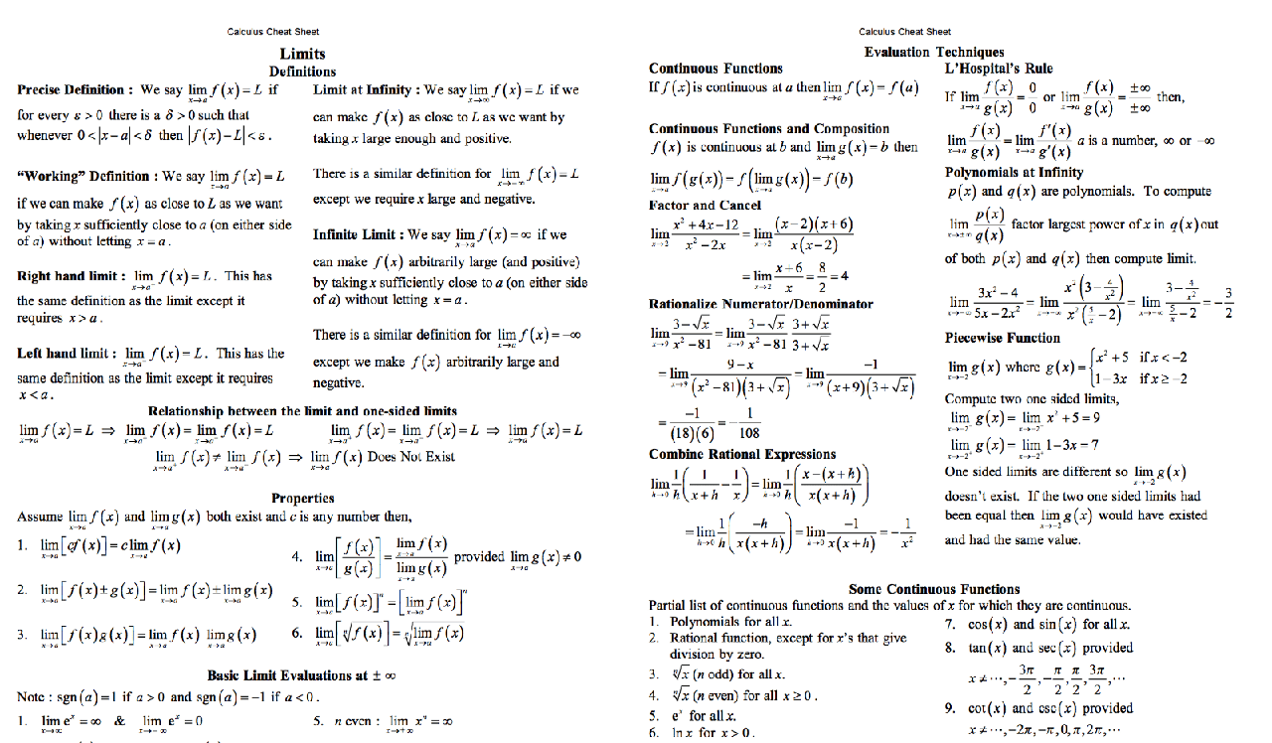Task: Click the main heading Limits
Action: point(302,54)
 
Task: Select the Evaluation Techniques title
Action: point(933,52)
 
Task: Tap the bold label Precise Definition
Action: point(71,89)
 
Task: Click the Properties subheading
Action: point(302,498)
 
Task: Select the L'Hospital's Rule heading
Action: point(999,69)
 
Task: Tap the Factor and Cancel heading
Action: point(705,206)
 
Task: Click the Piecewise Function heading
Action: point(1003,338)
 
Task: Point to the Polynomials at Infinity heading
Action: point(1014,172)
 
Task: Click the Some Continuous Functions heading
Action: point(934,589)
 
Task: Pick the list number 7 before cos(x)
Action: point(951,625)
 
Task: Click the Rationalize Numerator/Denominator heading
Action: point(760,304)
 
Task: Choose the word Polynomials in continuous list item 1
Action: point(706,622)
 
